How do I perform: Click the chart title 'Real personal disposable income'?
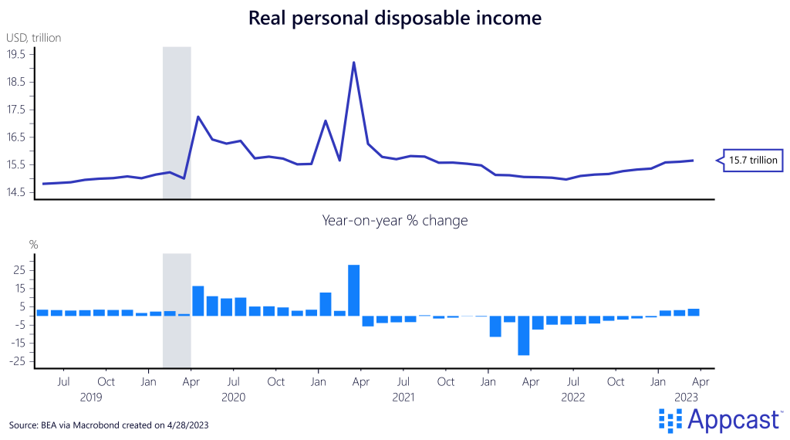(x=395, y=17)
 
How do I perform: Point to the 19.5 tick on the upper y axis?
(x=16, y=54)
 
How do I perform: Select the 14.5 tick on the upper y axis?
(x=16, y=192)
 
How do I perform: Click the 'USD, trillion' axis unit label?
(x=34, y=37)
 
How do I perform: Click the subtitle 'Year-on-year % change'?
(x=395, y=221)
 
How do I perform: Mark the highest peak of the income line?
(x=353, y=63)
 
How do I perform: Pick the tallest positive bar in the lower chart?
(x=353, y=289)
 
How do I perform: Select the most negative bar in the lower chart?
(x=523, y=335)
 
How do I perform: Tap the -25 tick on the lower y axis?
(x=16, y=361)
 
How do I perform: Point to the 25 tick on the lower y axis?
(x=19, y=270)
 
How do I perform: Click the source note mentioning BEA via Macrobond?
(x=109, y=425)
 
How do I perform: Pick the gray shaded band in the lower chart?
(x=177, y=309)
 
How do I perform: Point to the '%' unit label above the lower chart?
(x=33, y=245)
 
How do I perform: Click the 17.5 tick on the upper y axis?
(x=16, y=110)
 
